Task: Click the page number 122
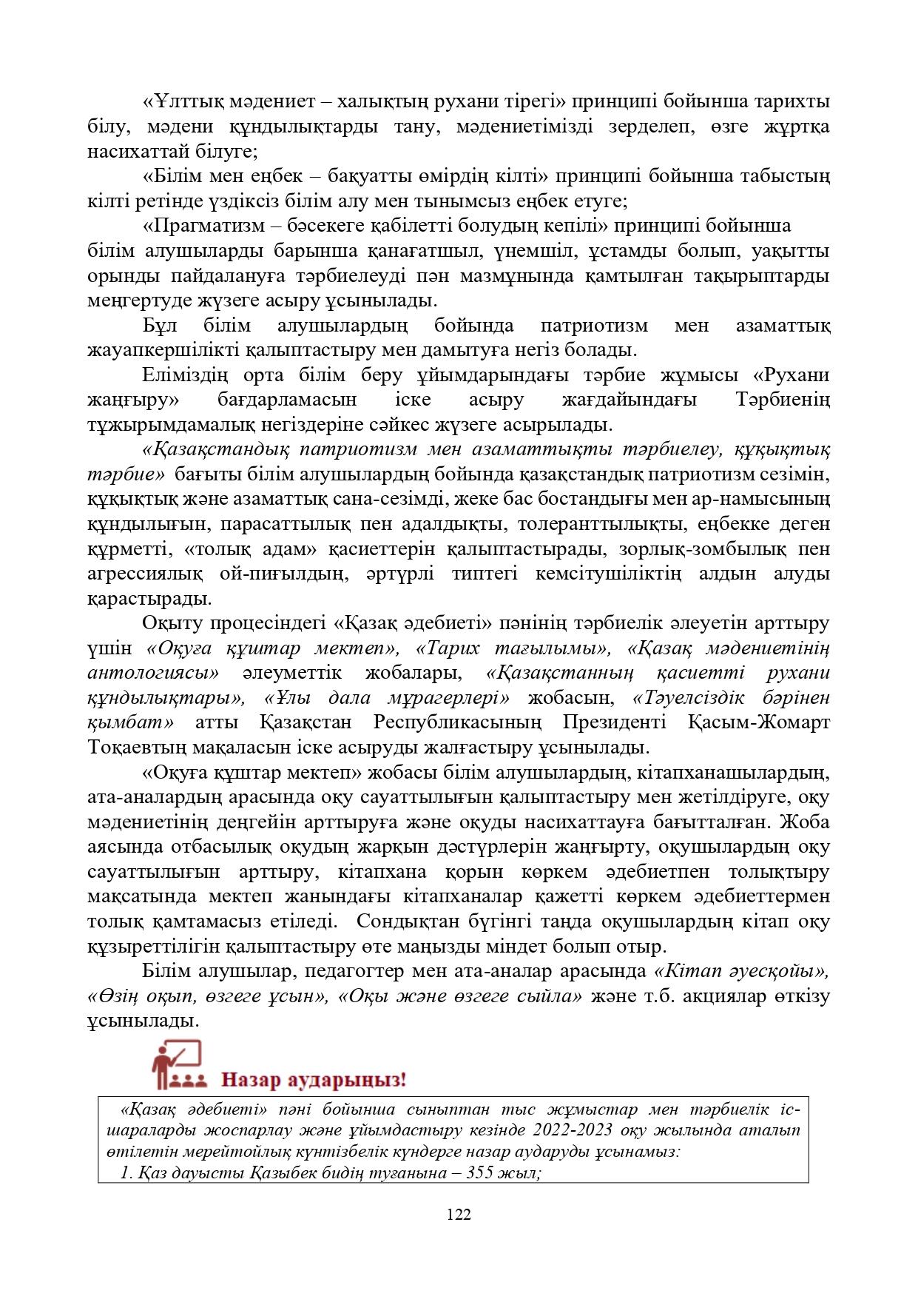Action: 459,1214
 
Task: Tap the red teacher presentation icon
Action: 176,1064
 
